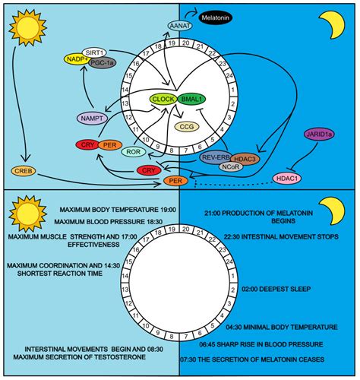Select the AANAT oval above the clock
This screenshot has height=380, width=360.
(x=175, y=26)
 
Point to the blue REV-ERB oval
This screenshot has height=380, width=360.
(x=213, y=157)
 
